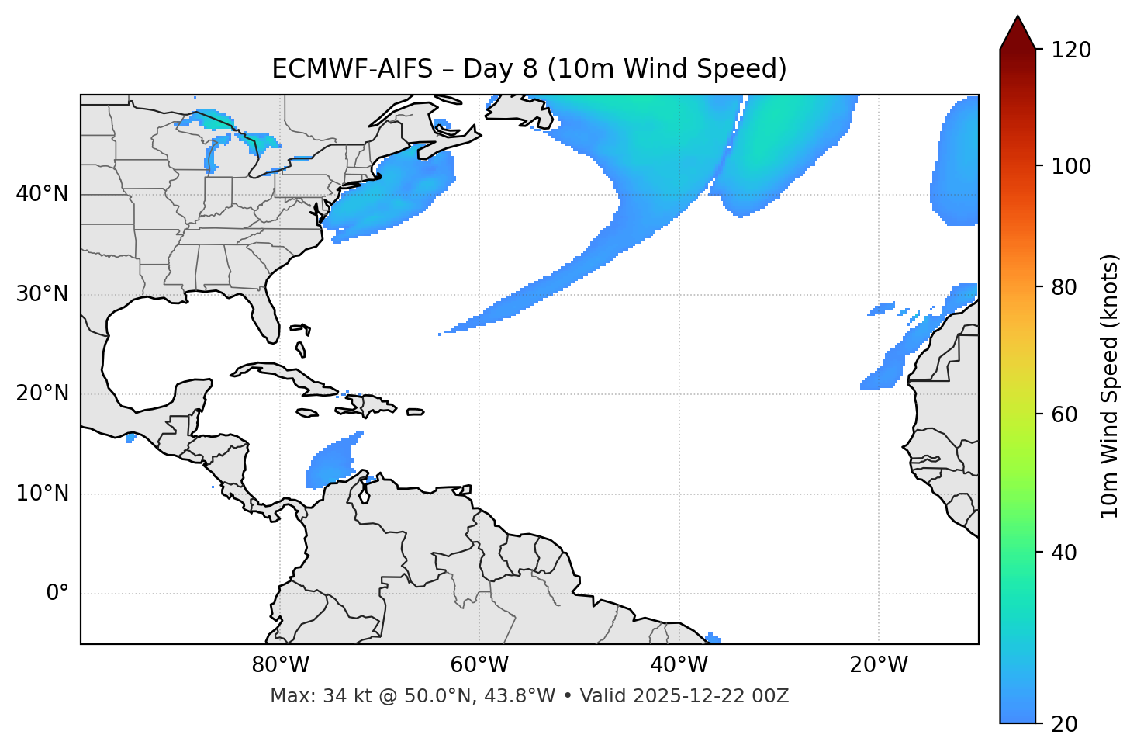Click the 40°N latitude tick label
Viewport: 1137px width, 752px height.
pos(42,194)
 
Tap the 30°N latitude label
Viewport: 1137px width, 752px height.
pos(42,294)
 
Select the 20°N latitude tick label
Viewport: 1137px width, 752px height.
pos(42,394)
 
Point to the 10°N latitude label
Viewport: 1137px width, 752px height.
pos(42,494)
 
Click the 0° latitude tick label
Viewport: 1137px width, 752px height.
pos(57,594)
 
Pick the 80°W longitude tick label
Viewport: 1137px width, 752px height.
pos(280,665)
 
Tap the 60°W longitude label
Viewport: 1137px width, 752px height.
pos(479,665)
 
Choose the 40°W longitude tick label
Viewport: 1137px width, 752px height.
pos(679,665)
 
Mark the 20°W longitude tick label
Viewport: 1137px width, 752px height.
pos(879,665)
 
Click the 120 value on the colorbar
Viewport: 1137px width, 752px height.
pos(1073,50)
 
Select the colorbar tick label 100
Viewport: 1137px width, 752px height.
pos(1073,166)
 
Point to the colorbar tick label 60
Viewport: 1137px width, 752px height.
pos(1066,414)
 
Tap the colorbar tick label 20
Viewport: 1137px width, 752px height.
pos(1066,724)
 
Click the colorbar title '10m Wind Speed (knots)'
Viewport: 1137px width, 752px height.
pos(1110,386)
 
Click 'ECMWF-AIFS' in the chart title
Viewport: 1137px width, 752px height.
pos(352,69)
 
